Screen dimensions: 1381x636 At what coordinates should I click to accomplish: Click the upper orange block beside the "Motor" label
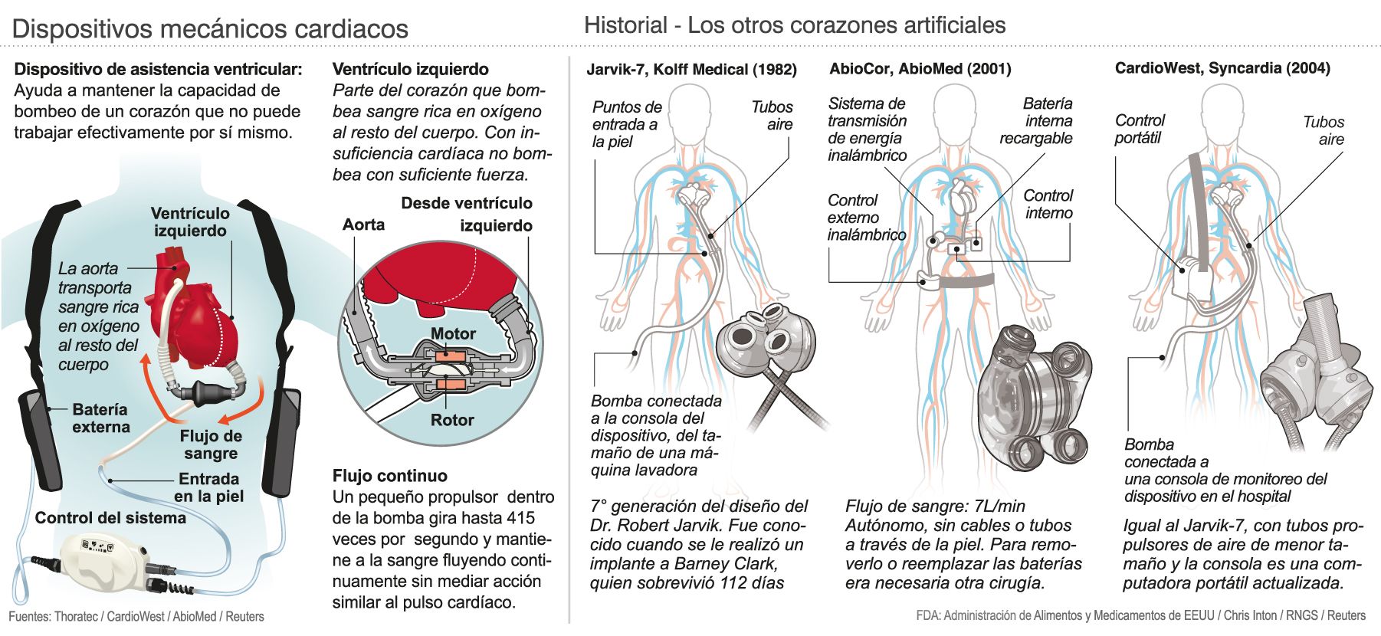[443, 356]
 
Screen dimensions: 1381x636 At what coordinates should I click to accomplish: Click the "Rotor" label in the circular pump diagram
[452, 420]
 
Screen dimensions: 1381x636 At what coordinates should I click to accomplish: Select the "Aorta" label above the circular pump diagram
[363, 225]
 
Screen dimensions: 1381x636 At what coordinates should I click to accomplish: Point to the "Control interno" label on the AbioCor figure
[1048, 205]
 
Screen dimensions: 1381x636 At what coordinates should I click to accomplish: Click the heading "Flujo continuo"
[390, 475]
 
